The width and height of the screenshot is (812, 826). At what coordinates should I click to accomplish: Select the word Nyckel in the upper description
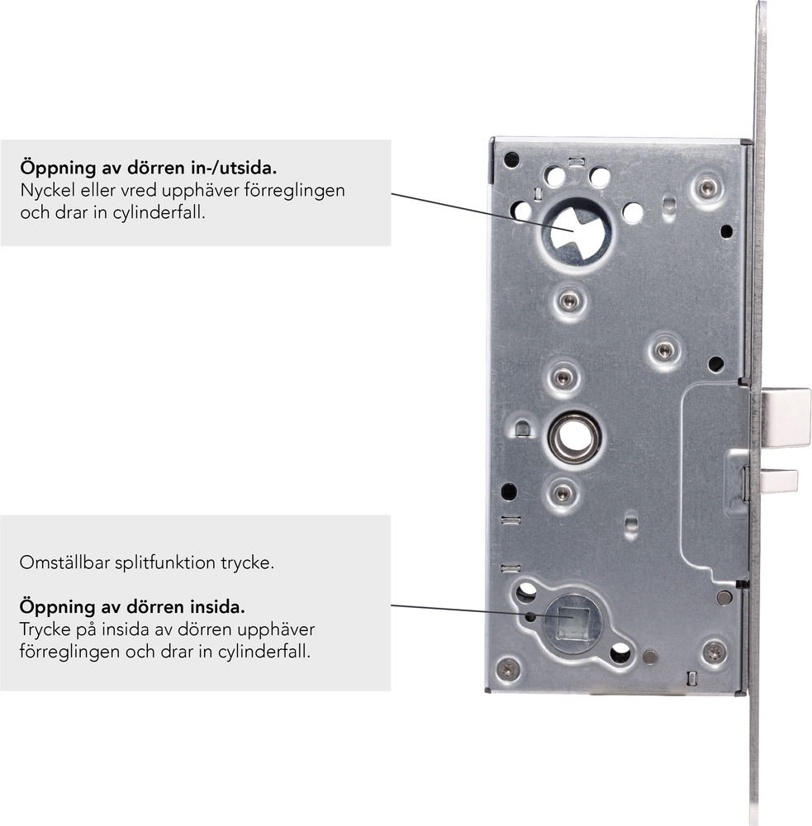coord(47,190)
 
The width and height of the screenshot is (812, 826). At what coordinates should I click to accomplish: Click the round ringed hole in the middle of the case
coord(573,437)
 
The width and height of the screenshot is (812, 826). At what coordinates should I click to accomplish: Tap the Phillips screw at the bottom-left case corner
coord(508,669)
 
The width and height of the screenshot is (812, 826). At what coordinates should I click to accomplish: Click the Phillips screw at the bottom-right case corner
coord(714,653)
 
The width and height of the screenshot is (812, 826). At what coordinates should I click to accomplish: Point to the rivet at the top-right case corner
coord(706,188)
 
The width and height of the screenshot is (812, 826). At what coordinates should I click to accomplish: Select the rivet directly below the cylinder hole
coord(568,301)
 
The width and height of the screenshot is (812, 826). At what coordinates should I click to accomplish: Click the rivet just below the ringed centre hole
coord(563,493)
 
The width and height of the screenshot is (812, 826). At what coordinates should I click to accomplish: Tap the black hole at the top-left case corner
coord(511,160)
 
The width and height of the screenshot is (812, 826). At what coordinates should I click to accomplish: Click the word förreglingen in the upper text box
coord(295,191)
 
